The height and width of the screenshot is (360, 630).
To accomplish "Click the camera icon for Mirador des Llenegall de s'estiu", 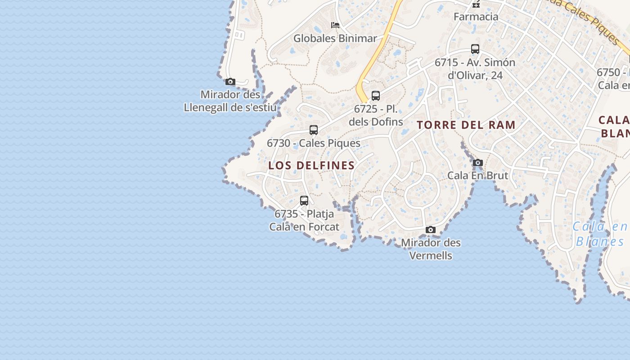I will tap(230, 81).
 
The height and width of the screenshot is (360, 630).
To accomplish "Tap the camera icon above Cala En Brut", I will tap(478, 162).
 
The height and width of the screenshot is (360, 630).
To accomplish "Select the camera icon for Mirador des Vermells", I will tap(431, 230).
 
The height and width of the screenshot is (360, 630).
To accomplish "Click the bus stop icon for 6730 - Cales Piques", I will tap(314, 130).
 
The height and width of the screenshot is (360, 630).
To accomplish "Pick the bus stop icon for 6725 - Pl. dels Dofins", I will tap(376, 95).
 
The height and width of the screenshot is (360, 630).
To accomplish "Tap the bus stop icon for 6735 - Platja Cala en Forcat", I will tap(304, 200).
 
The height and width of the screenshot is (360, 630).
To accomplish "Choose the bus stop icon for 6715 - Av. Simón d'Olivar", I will tap(475, 49).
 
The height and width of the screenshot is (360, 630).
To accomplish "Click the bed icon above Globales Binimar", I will tap(335, 25).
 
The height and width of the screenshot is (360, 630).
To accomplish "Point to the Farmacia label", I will tap(476, 17).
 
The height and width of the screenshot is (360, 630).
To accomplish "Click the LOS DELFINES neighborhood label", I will tap(311, 166).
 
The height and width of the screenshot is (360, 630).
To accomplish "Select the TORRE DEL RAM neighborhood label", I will tap(466, 125).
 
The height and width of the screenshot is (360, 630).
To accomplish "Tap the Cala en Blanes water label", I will tap(600, 234).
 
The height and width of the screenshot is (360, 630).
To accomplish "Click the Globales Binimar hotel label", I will tap(335, 39).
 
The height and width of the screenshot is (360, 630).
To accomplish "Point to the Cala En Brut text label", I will tap(477, 175).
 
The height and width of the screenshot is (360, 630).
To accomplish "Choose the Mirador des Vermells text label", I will tap(431, 249).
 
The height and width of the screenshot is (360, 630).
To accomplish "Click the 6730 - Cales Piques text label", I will tap(314, 143).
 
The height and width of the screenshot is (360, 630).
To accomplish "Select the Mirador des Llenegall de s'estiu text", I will tap(230, 101).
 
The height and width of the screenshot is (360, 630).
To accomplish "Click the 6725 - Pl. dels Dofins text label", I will tap(376, 115).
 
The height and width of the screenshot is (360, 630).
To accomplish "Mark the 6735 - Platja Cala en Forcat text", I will tap(304, 220).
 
